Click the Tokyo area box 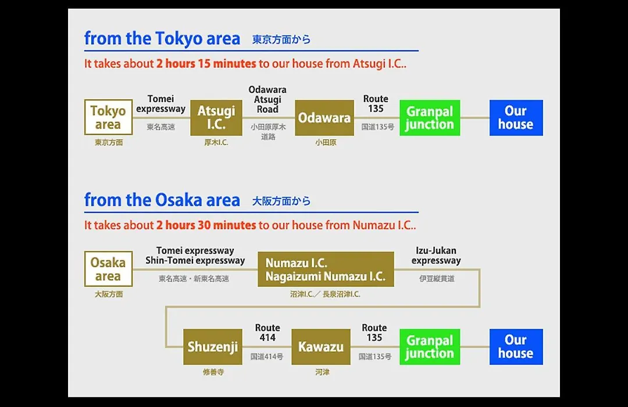click(x=109, y=117)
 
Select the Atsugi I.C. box click(x=216, y=118)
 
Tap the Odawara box click(x=324, y=118)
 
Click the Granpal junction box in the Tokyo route click(x=430, y=118)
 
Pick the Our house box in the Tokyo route click(x=516, y=118)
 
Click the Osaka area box click(x=109, y=269)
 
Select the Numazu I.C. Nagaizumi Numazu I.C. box click(x=326, y=269)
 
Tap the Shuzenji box click(x=213, y=347)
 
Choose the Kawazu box click(x=321, y=347)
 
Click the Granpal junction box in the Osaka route click(x=430, y=347)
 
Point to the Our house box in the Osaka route click(x=516, y=347)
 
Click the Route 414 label click(x=267, y=333)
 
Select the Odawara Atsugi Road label click(x=267, y=99)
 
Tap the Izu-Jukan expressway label click(x=436, y=255)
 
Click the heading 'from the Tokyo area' click(x=162, y=38)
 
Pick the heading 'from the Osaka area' click(x=162, y=200)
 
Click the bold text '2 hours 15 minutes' click(x=206, y=64)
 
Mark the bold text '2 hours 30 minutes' click(x=206, y=225)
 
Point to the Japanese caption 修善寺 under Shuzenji click(x=213, y=372)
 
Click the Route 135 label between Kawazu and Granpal click(x=374, y=333)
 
